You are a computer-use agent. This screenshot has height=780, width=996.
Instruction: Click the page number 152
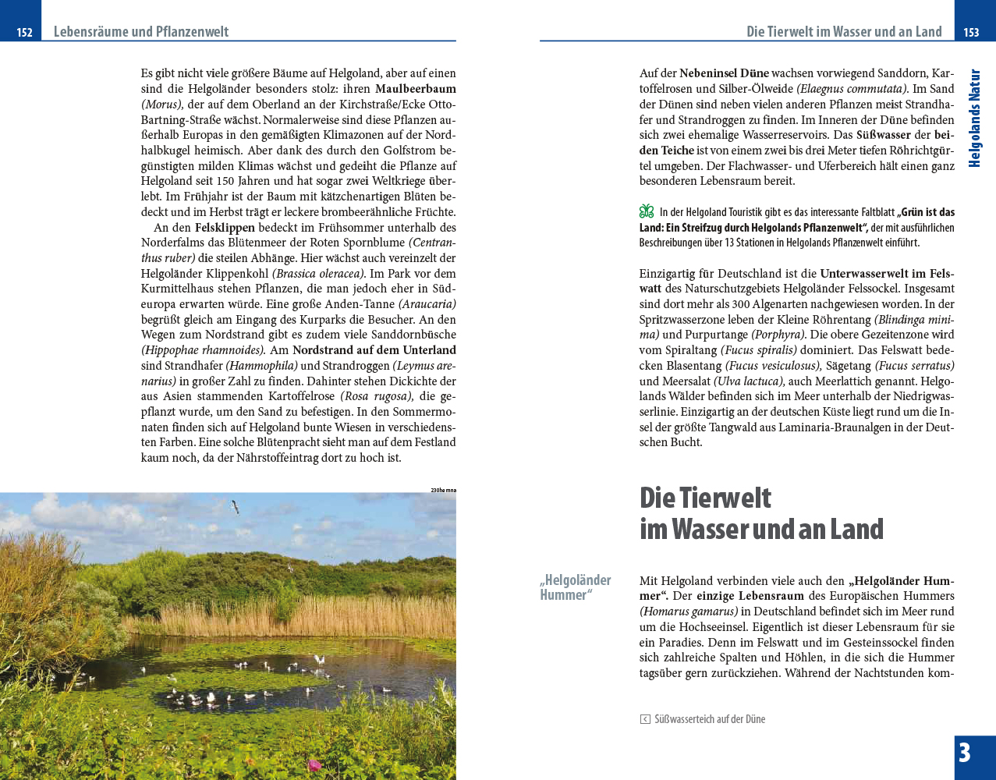[24, 32]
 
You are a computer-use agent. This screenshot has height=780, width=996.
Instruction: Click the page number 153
[971, 32]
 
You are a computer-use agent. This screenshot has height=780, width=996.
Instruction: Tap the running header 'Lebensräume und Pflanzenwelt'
[141, 32]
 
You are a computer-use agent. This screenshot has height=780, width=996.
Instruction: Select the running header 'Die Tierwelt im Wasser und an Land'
[844, 32]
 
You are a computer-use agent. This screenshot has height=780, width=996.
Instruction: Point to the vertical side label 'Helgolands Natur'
[974, 119]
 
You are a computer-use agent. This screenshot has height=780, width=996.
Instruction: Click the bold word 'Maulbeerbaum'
[415, 89]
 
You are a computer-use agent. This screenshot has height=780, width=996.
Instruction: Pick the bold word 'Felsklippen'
[225, 228]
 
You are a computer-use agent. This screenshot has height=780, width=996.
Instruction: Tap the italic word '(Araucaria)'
[427, 304]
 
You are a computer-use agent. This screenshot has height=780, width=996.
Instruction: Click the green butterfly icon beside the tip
[647, 211]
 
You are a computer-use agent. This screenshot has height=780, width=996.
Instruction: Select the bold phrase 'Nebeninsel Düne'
[724, 73]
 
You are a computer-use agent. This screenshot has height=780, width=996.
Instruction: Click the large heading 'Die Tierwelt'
[705, 498]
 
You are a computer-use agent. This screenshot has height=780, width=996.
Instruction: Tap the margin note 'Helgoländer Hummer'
[575, 587]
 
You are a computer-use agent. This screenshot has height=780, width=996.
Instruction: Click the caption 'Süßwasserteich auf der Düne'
[710, 719]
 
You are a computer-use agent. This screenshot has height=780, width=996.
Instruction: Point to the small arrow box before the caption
[645, 719]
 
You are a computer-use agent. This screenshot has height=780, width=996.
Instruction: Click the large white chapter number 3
[965, 753]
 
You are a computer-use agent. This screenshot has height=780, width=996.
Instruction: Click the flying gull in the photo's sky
[234, 506]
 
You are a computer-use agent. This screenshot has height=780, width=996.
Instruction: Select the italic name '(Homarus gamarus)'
[688, 612]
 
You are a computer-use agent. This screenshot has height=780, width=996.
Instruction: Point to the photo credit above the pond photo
[443, 490]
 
